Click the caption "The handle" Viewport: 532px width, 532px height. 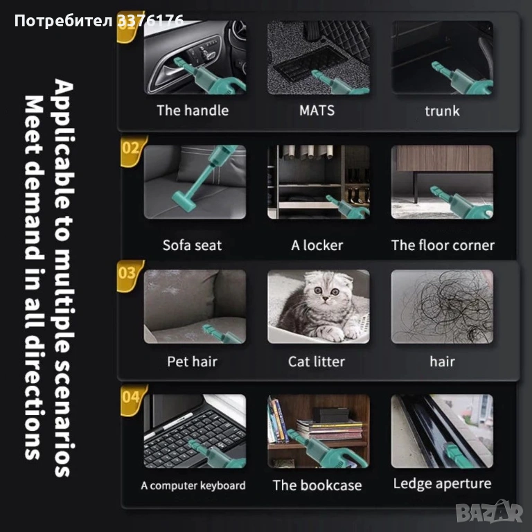coord(193,111)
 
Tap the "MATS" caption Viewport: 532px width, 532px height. coord(317,111)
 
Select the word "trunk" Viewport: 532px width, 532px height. coord(442,111)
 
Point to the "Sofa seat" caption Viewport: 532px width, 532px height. coord(192,245)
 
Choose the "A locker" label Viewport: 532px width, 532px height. coord(317,245)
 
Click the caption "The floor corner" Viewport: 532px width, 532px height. coord(443,245)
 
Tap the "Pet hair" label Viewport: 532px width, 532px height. coord(192,362)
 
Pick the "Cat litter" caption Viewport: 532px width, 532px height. coord(316,362)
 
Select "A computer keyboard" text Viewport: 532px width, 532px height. coord(193,486)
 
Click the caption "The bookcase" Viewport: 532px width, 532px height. coord(317,485)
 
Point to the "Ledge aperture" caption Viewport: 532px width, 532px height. coord(442,484)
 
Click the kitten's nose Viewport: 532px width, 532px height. coord(325,299)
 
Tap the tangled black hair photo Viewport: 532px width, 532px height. coord(442,306)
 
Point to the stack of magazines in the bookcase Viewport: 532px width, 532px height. coord(329,429)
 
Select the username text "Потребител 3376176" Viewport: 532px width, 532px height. coord(99,21)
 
